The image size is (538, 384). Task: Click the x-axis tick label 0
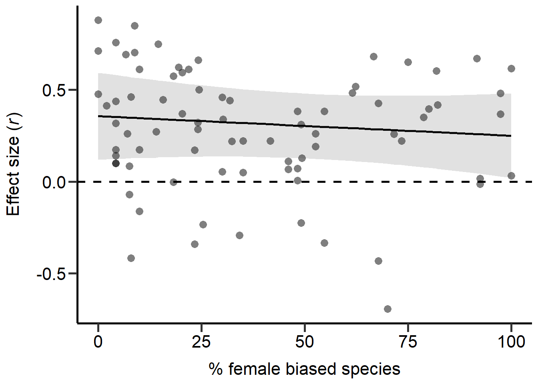(x=98, y=342)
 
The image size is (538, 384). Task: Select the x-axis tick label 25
(x=201, y=342)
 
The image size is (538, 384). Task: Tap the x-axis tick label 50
(x=304, y=342)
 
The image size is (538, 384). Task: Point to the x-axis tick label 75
(x=408, y=342)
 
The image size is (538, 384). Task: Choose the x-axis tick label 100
(x=511, y=342)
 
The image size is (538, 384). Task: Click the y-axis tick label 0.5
(x=54, y=90)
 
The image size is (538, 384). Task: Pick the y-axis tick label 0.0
(x=54, y=182)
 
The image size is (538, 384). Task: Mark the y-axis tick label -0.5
(x=50, y=274)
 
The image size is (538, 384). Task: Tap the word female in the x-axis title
(x=255, y=369)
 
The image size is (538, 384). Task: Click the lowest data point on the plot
(x=387, y=309)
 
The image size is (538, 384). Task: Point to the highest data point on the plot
(x=98, y=20)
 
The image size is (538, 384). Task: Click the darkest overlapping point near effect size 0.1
(x=116, y=163)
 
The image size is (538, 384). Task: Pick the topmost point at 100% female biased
(x=511, y=68)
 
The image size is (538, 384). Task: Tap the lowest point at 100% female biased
(x=511, y=176)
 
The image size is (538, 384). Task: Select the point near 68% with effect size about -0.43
(x=378, y=261)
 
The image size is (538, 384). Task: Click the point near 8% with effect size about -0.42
(x=131, y=258)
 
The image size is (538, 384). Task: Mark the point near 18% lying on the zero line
(x=173, y=182)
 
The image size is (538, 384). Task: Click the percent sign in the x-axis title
(x=215, y=369)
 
